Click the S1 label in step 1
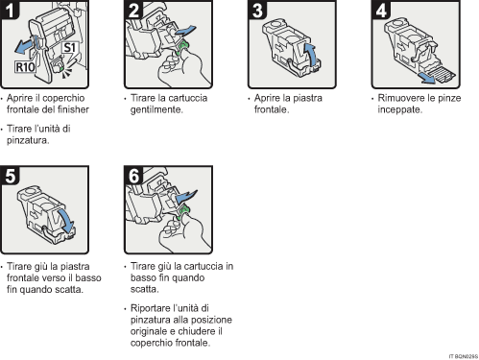point(69,47)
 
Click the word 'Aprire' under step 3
point(268,98)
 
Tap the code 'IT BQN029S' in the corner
point(460,355)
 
